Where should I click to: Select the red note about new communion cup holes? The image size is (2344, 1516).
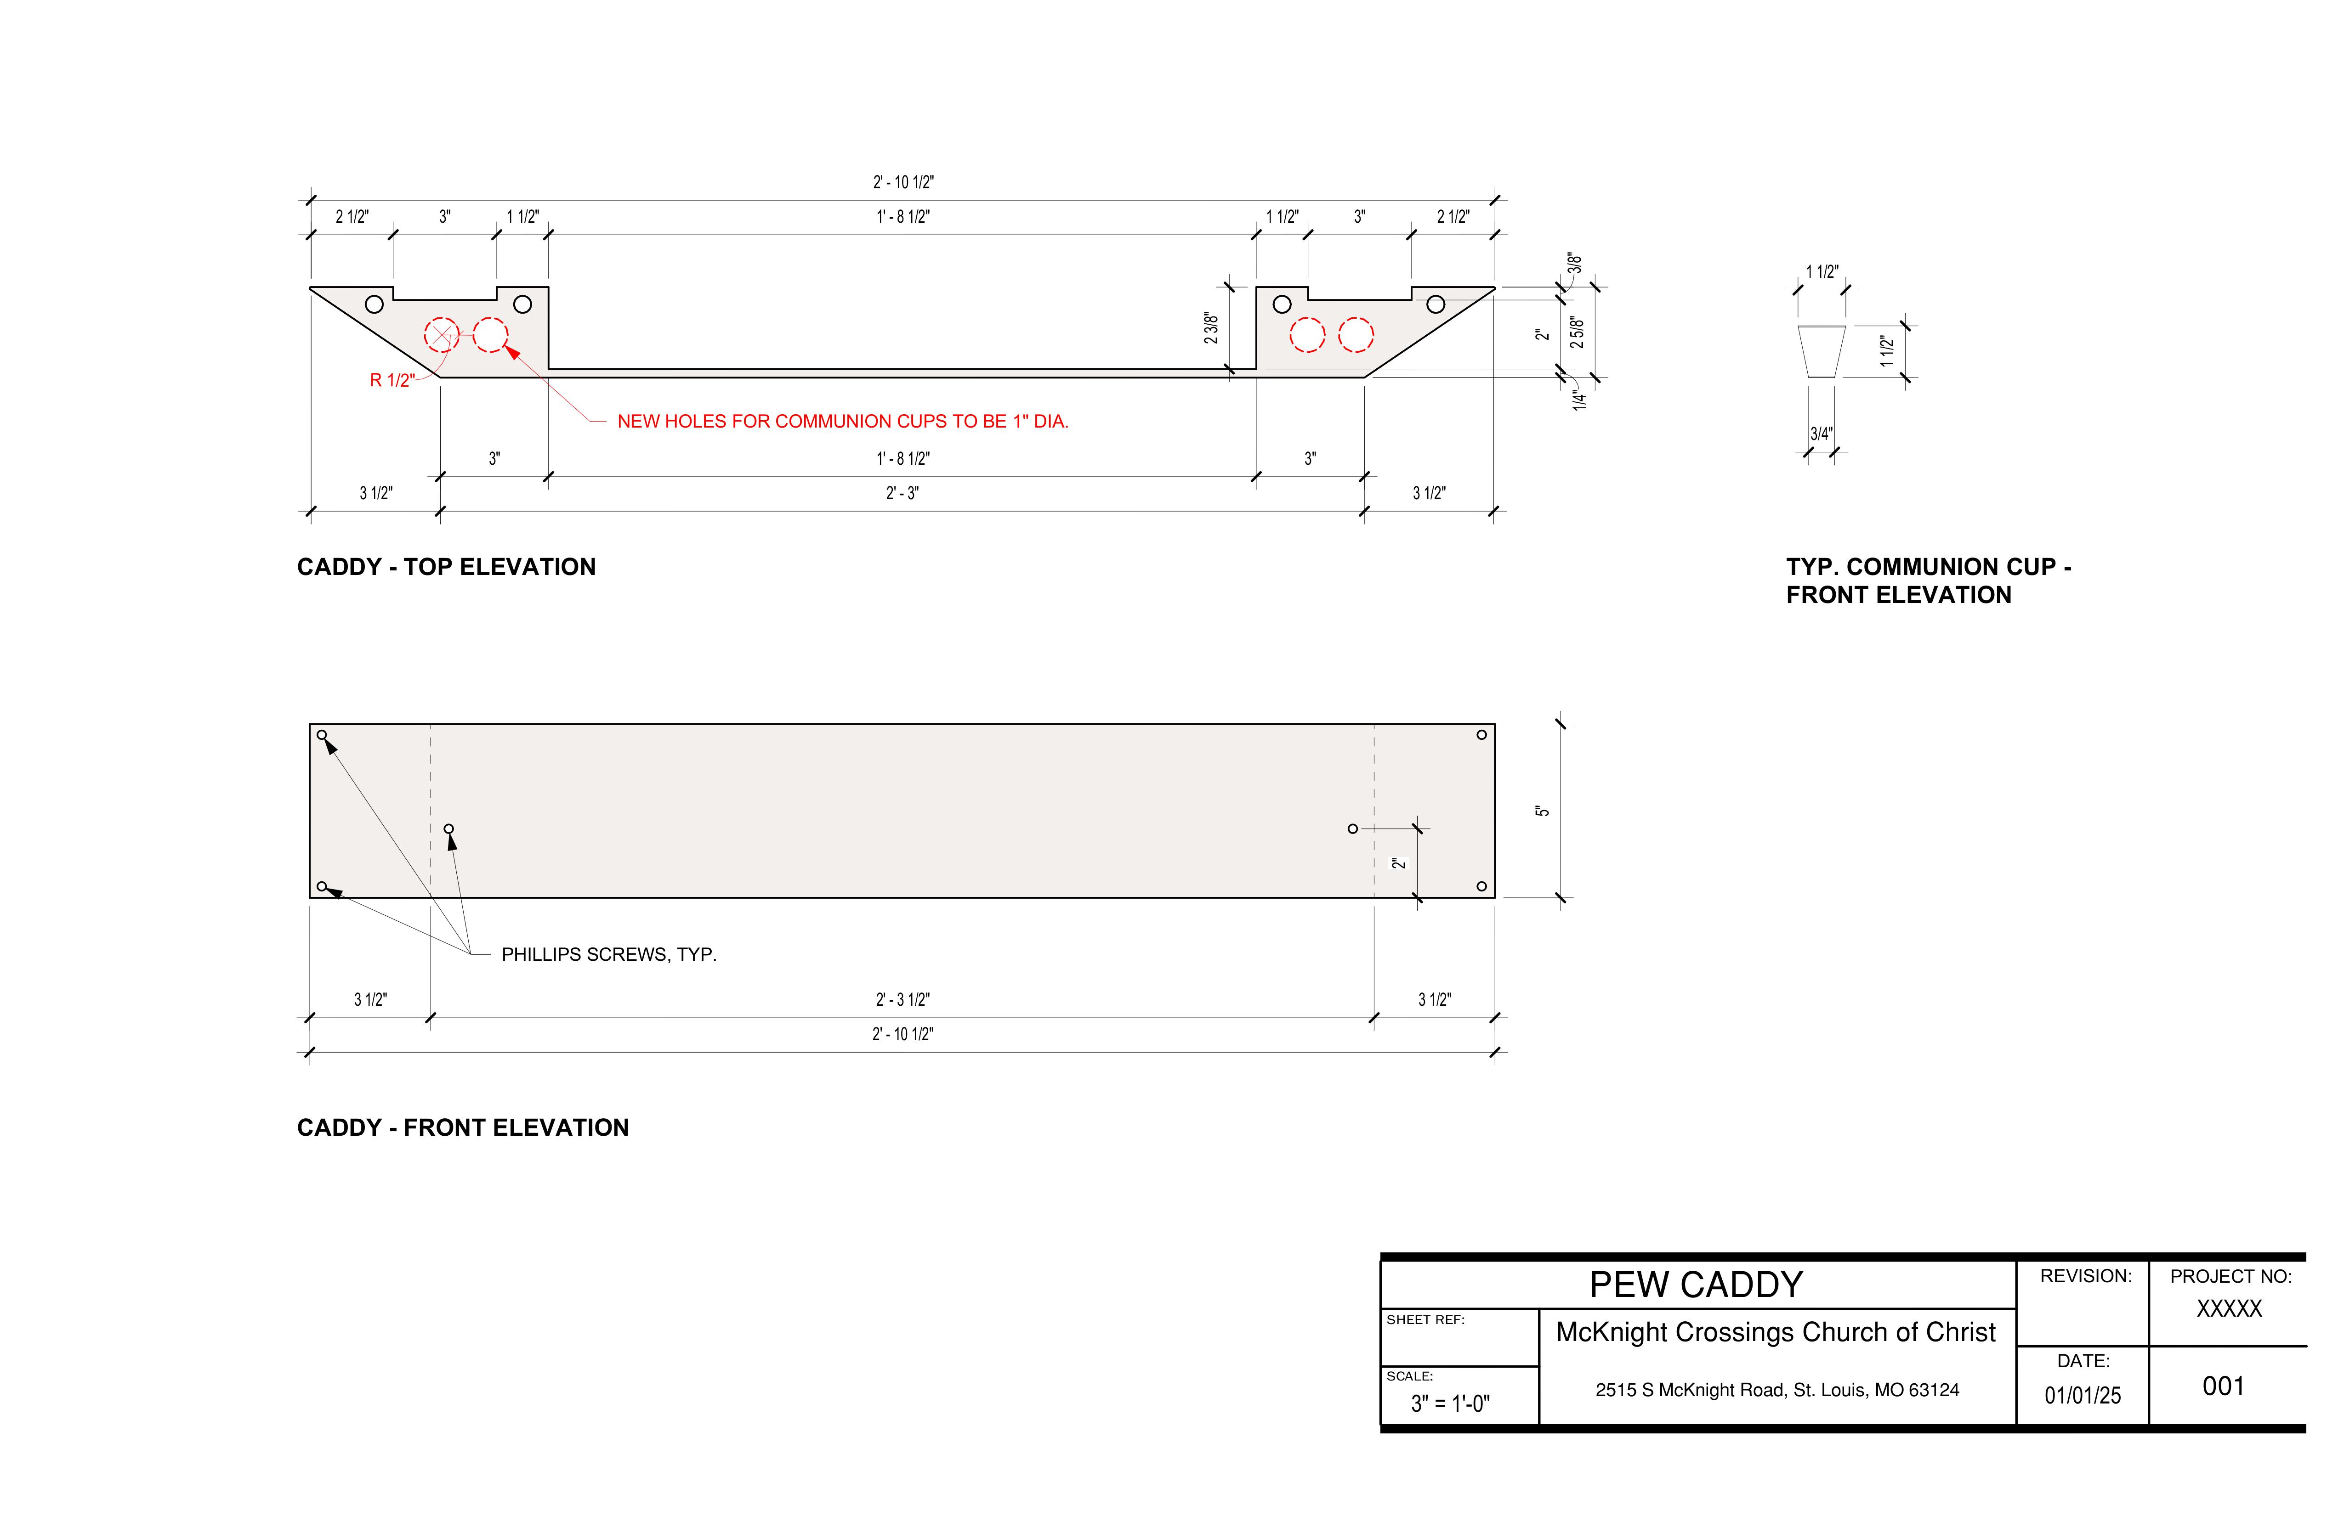(842, 421)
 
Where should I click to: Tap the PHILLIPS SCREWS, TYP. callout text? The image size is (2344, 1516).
(609, 955)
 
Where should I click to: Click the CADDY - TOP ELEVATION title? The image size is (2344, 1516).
(446, 567)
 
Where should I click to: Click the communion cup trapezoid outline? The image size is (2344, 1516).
(1821, 351)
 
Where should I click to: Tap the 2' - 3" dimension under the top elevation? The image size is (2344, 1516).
(902, 493)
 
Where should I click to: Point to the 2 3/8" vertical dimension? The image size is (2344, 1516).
(1211, 329)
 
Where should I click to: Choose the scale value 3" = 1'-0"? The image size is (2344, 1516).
(1450, 1404)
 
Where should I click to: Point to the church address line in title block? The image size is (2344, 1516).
(1776, 1390)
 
